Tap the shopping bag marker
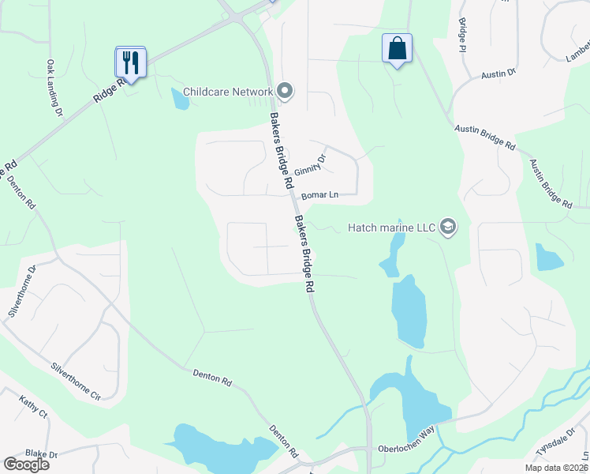pos(397,48)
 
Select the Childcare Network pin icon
pos(285,92)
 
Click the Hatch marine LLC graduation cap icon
pos(448,228)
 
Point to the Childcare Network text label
pos(228,92)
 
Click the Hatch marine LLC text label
pos(392,228)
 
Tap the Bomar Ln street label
pos(321,194)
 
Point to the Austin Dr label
pos(499,73)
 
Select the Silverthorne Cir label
pos(77,380)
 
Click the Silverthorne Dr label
pos(21,292)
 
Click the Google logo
pos(26,465)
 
